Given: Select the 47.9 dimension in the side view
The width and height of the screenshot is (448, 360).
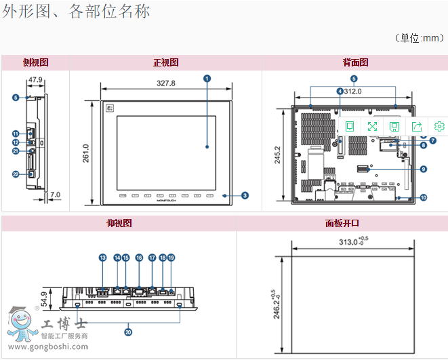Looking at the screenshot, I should click(35, 80).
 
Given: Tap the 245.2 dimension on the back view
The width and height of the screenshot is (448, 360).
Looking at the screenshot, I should click(277, 154).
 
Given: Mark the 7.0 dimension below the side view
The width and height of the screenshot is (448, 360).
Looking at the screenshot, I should click(55, 195).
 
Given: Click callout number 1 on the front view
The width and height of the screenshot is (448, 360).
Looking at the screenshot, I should click(207, 79).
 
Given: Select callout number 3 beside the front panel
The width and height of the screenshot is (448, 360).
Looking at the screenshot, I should click(245, 195).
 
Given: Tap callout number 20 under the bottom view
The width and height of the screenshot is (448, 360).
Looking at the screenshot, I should click(128, 332).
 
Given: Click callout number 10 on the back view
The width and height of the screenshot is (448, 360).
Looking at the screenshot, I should click(423, 198).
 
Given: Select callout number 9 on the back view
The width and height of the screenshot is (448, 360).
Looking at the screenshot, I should click(422, 169).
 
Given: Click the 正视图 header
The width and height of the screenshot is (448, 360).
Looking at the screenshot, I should click(165, 62).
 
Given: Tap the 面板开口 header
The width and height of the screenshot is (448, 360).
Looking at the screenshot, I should click(342, 223).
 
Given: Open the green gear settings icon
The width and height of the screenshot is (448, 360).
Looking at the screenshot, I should click(439, 126).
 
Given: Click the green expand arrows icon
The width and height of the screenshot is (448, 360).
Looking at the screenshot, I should click(372, 126).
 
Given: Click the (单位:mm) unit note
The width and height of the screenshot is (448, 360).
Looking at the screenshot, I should click(420, 38).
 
